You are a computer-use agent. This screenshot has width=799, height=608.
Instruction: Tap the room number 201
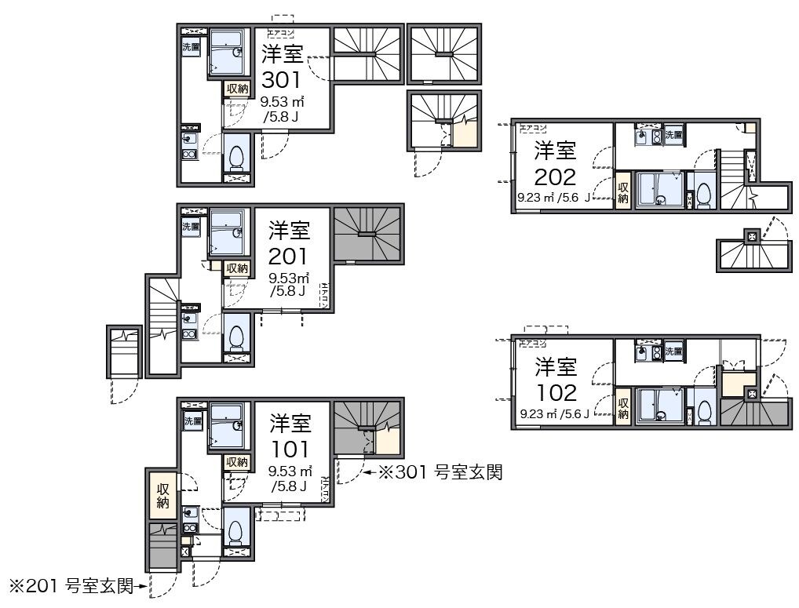point(288,256)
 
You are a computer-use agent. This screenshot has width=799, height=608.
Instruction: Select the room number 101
point(289,449)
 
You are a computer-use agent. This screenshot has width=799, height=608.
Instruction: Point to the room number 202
point(555,177)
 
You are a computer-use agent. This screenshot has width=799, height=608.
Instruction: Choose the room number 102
point(556,392)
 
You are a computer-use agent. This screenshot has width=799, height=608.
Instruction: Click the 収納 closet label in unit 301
point(238,89)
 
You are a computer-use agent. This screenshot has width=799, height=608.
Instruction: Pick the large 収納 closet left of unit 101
point(162,495)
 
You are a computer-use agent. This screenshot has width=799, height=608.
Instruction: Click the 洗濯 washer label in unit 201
point(192,226)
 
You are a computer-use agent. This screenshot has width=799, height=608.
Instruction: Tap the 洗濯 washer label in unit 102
point(673,351)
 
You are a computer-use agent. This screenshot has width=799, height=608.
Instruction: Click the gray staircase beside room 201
point(367,233)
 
